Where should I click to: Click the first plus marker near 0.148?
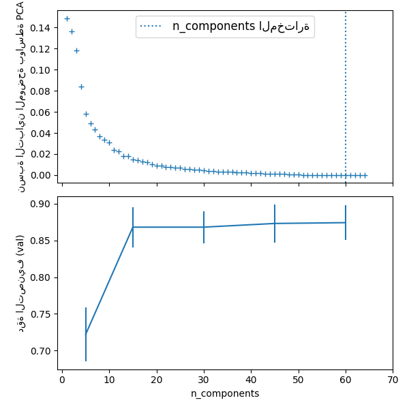(67, 18)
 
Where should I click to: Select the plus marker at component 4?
(81, 87)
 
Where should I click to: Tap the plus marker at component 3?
(76, 50)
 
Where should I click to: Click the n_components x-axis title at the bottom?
(225, 394)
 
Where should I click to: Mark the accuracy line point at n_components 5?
(86, 334)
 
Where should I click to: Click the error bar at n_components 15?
(133, 227)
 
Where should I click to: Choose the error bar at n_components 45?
(275, 224)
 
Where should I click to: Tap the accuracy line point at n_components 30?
(204, 227)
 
